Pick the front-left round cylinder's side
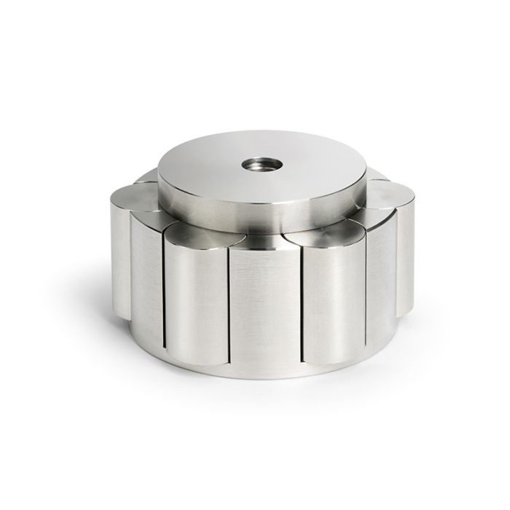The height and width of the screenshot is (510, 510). click(193, 291)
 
